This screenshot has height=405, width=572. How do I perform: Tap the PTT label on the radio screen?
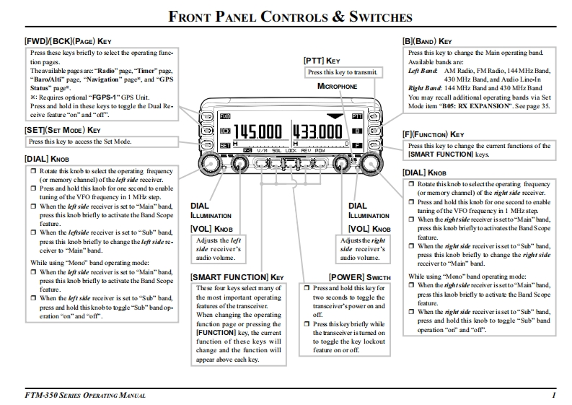tap(357, 116)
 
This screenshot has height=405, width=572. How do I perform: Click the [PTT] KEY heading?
tap(322, 61)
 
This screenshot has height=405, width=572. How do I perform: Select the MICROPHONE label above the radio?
tap(337, 86)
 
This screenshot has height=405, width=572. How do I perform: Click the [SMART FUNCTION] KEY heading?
tap(238, 276)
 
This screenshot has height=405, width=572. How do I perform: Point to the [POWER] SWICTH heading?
tap(359, 276)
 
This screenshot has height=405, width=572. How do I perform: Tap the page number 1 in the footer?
tap(553, 395)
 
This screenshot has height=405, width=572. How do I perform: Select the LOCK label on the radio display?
tap(289, 150)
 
